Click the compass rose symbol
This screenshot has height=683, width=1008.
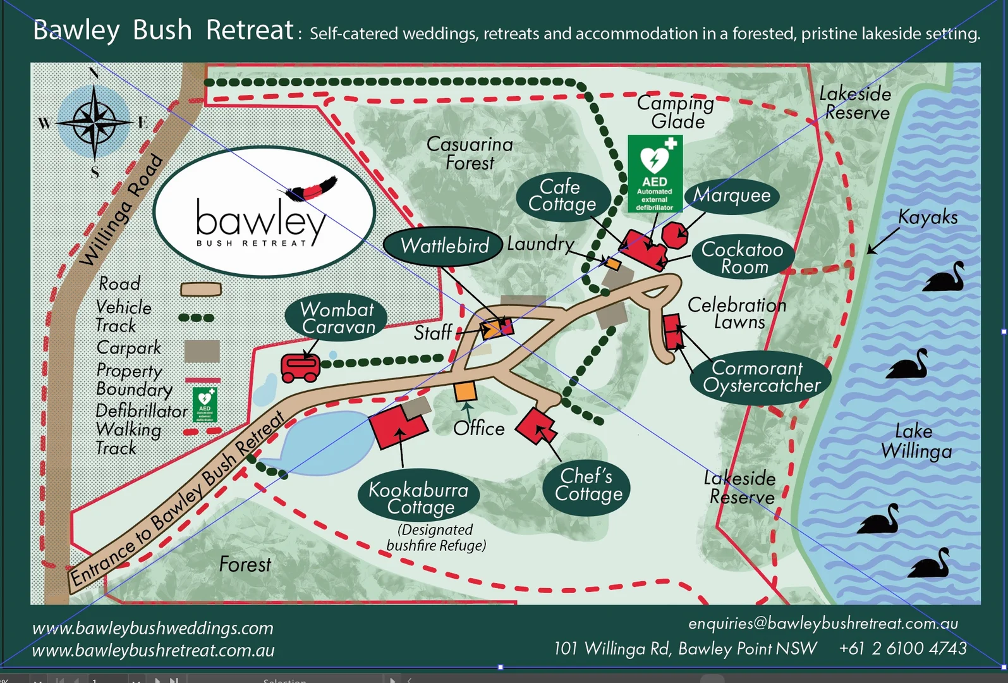click(94, 120)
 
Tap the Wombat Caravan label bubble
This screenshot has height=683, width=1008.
click(337, 318)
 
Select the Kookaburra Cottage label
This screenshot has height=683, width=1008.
click(418, 498)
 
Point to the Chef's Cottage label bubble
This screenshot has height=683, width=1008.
click(587, 485)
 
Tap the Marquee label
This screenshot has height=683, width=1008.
click(732, 195)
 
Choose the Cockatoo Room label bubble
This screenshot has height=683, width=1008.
click(742, 257)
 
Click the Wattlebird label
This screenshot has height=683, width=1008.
click(444, 245)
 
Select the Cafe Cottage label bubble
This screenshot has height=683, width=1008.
click(562, 195)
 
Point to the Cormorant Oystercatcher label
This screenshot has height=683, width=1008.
click(761, 377)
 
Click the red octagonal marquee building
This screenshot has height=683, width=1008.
click(674, 235)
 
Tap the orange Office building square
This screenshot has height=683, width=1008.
click(465, 391)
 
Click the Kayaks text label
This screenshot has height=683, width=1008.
click(928, 217)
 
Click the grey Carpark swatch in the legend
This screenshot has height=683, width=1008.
click(202, 351)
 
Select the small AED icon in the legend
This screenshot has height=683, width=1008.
click(205, 405)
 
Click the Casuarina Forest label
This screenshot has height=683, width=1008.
click(470, 154)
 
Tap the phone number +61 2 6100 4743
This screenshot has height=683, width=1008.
click(902, 648)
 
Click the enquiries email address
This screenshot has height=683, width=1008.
click(823, 624)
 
